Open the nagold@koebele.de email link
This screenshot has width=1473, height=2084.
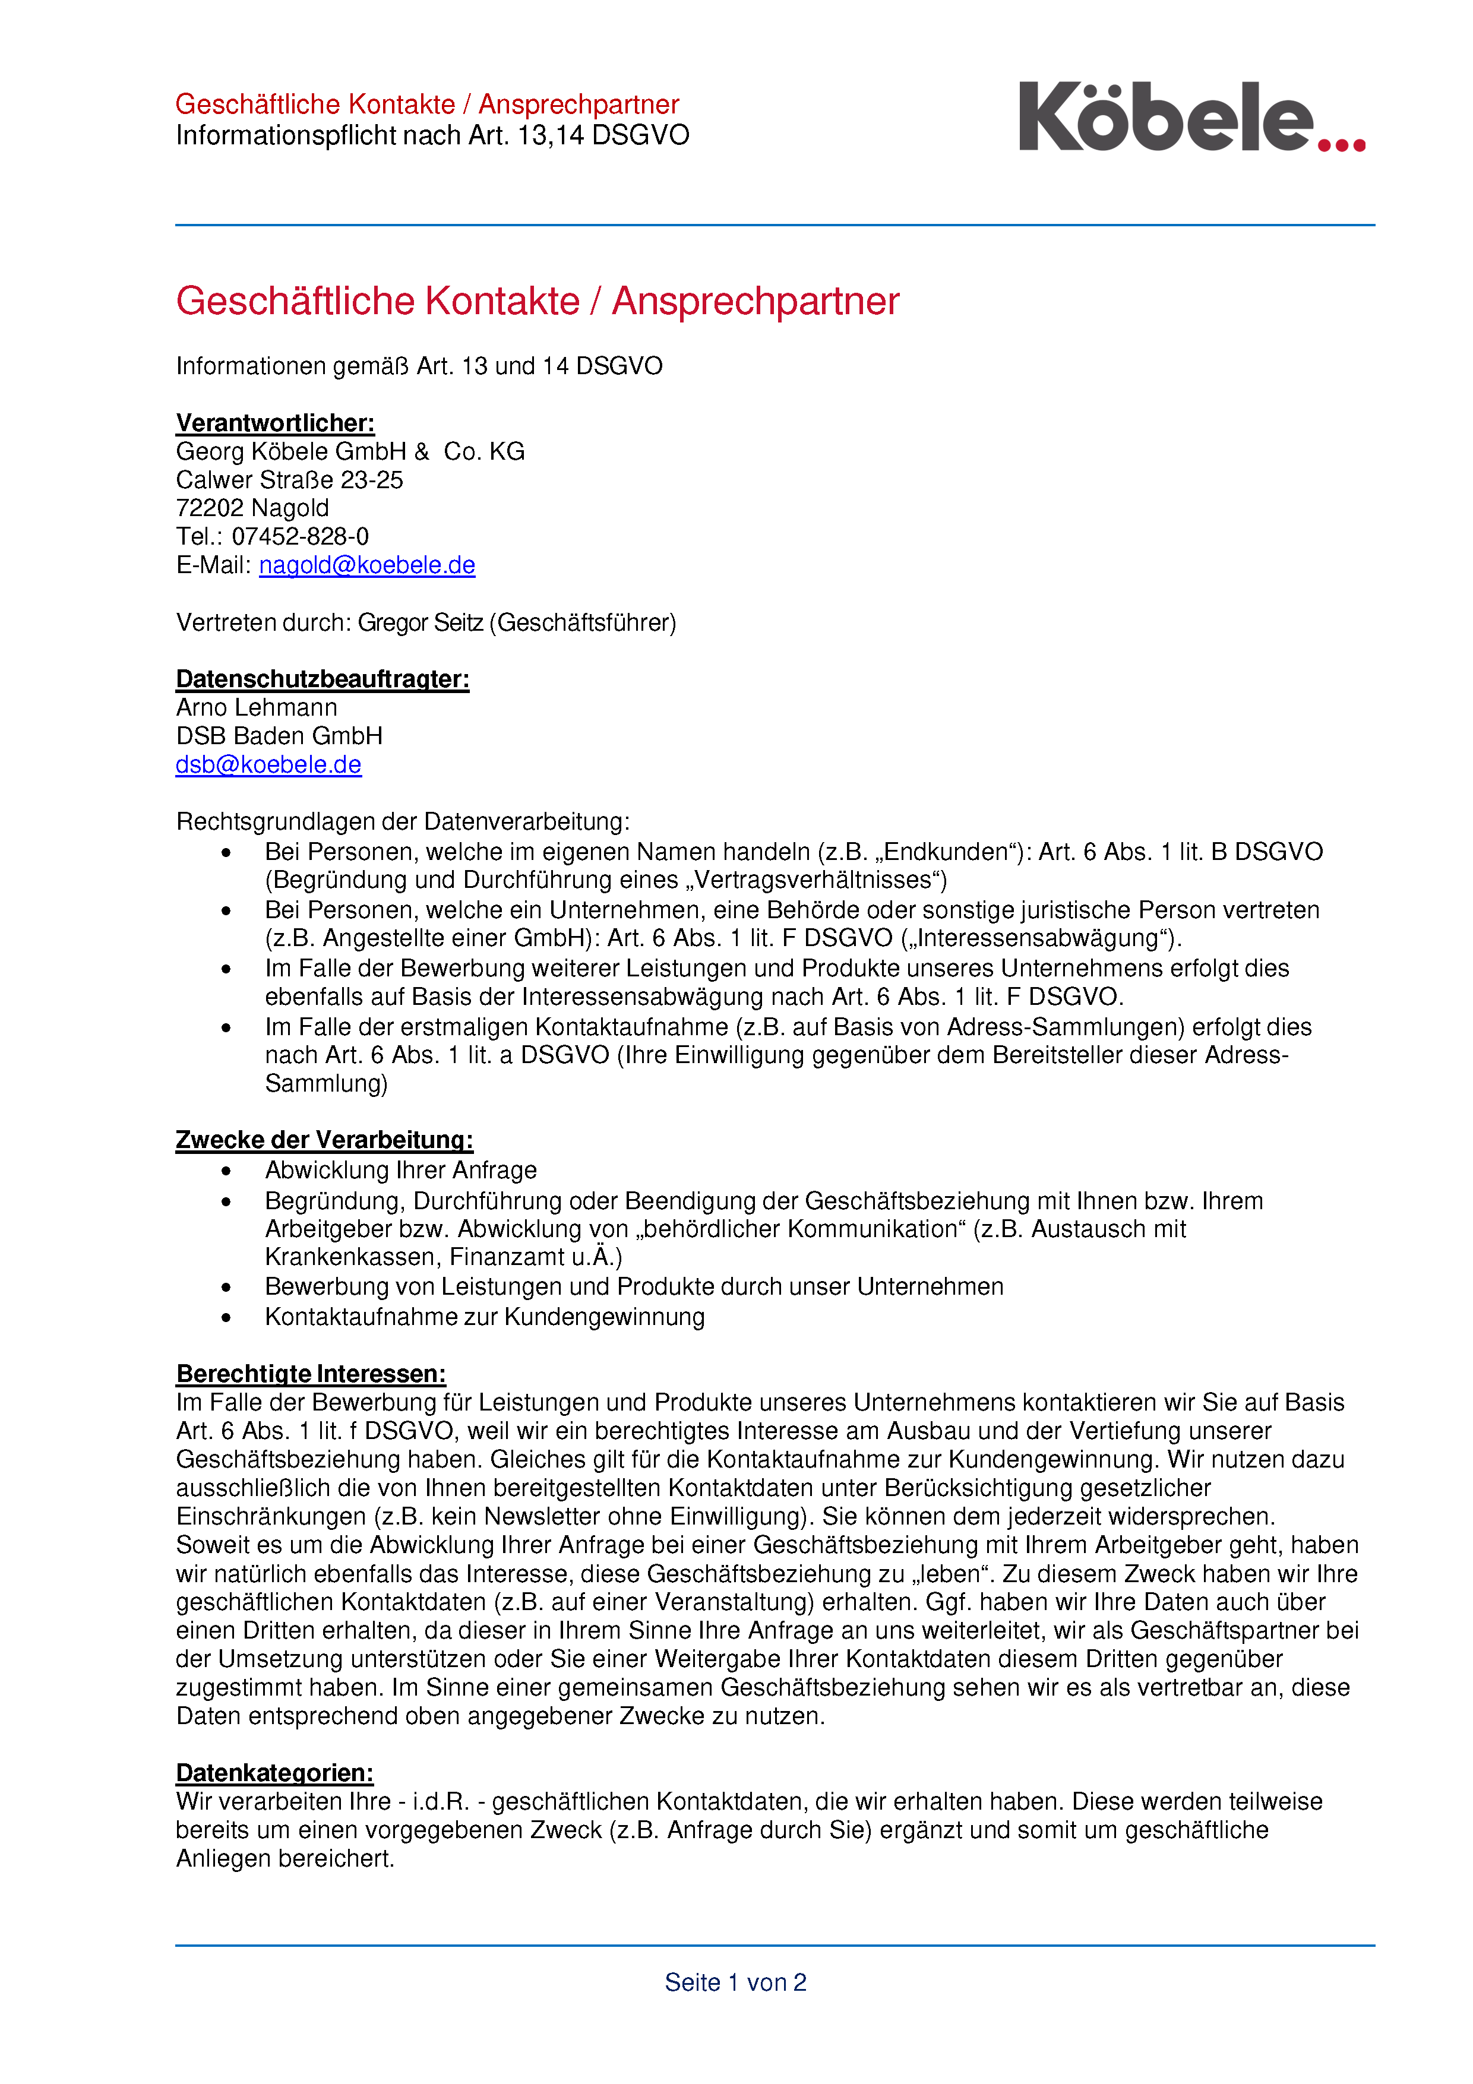point(366,565)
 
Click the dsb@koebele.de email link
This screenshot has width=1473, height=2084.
point(268,765)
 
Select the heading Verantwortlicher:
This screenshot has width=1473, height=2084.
point(275,423)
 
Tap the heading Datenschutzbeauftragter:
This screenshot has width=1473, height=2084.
point(322,679)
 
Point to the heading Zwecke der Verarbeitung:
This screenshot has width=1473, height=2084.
point(324,1140)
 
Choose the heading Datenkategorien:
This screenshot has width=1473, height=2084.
point(274,1773)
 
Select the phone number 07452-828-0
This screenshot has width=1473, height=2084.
point(301,536)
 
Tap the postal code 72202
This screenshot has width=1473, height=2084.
point(211,508)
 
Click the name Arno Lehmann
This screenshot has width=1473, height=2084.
point(256,708)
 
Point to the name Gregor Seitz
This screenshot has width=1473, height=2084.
point(420,622)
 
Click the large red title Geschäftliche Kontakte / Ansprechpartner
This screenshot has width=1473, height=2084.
point(538,301)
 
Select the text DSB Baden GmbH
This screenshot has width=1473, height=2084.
point(279,736)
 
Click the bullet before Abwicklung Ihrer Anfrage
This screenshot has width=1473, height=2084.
point(226,1171)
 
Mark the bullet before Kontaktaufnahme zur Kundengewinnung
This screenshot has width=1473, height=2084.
point(226,1317)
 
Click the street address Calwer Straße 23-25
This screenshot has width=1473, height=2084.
point(289,480)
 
